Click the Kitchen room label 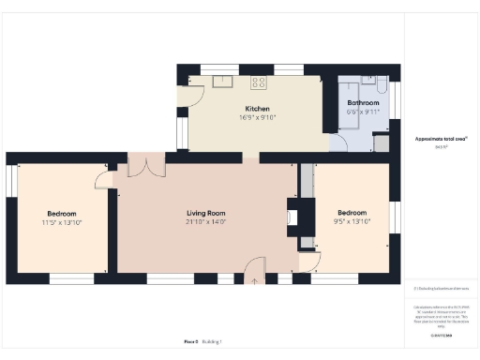tap(258, 109)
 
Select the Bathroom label tap(363, 102)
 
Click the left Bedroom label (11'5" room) tap(62, 214)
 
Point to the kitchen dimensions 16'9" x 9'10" tap(258, 118)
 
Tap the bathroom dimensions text tap(363, 111)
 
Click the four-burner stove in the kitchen tap(259, 82)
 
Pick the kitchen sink tap(223, 81)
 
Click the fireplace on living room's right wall tap(292, 218)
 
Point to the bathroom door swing tap(338, 142)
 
